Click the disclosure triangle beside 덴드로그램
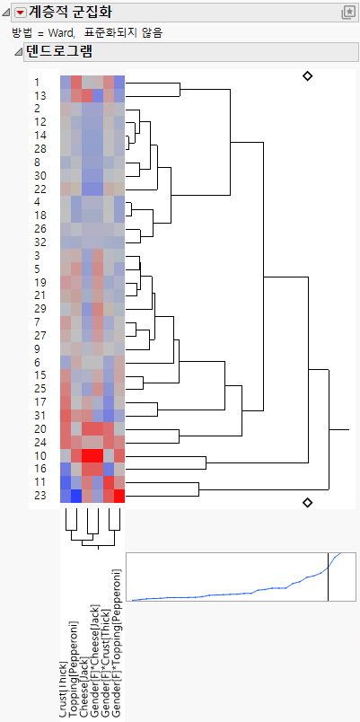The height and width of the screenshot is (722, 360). click(x=20, y=52)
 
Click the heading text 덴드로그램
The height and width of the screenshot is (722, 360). click(x=59, y=52)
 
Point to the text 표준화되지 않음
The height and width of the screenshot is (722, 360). click(x=132, y=32)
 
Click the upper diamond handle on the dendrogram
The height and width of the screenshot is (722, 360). click(x=308, y=77)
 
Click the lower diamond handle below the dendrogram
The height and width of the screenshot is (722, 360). click(x=308, y=502)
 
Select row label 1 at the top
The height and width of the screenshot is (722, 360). click(x=37, y=83)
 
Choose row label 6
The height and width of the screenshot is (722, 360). click(x=37, y=362)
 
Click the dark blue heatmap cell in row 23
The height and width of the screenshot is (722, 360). click(x=76, y=496)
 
